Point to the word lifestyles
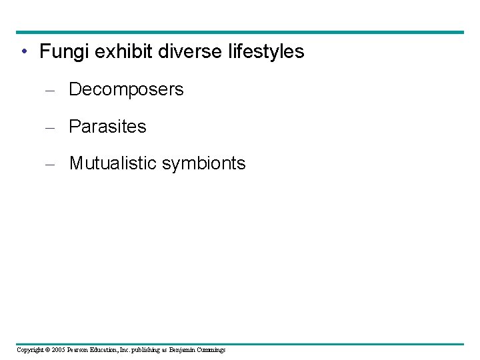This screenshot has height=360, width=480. (x=265, y=51)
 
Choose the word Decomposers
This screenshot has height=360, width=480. (x=126, y=89)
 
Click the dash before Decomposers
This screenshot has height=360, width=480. (x=48, y=90)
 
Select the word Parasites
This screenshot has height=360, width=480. (x=107, y=127)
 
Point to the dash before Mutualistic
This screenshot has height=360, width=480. (x=48, y=164)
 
